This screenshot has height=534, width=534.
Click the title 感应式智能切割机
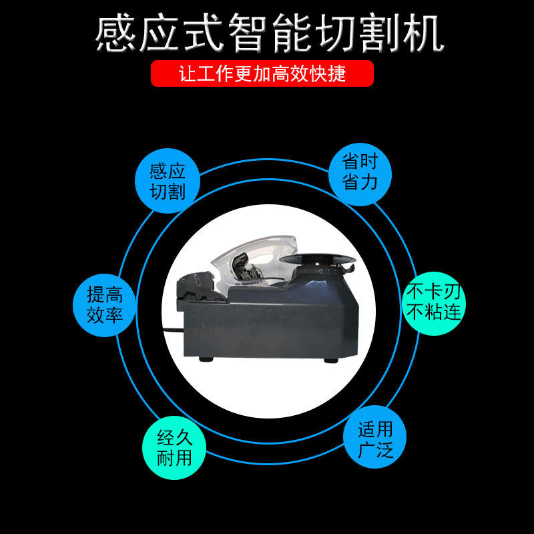(270, 33)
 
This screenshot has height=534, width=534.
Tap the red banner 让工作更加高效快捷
(262, 73)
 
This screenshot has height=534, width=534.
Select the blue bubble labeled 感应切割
(168, 181)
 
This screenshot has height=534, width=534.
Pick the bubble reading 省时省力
(360, 174)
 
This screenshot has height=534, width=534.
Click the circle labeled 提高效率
(105, 305)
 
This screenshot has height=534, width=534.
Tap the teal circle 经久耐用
(174, 447)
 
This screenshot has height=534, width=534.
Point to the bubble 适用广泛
(375, 437)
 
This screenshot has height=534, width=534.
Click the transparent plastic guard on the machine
(254, 258)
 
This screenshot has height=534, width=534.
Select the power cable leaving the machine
(174, 330)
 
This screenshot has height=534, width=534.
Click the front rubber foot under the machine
(206, 359)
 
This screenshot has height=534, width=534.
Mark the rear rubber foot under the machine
(330, 360)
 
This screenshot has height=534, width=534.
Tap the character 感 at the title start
(115, 33)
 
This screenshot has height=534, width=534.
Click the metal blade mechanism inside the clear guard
(246, 268)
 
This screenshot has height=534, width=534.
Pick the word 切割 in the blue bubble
(168, 192)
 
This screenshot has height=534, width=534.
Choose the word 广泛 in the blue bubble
(376, 449)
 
